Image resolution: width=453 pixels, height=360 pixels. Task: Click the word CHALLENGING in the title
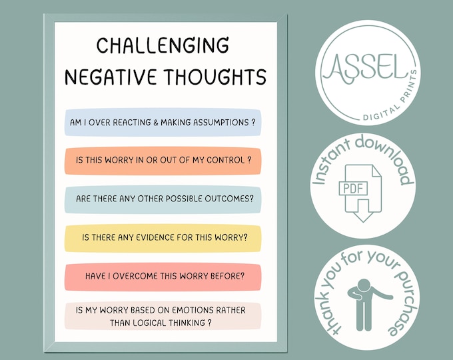[163, 46]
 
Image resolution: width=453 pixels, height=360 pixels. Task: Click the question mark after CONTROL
[249, 161]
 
